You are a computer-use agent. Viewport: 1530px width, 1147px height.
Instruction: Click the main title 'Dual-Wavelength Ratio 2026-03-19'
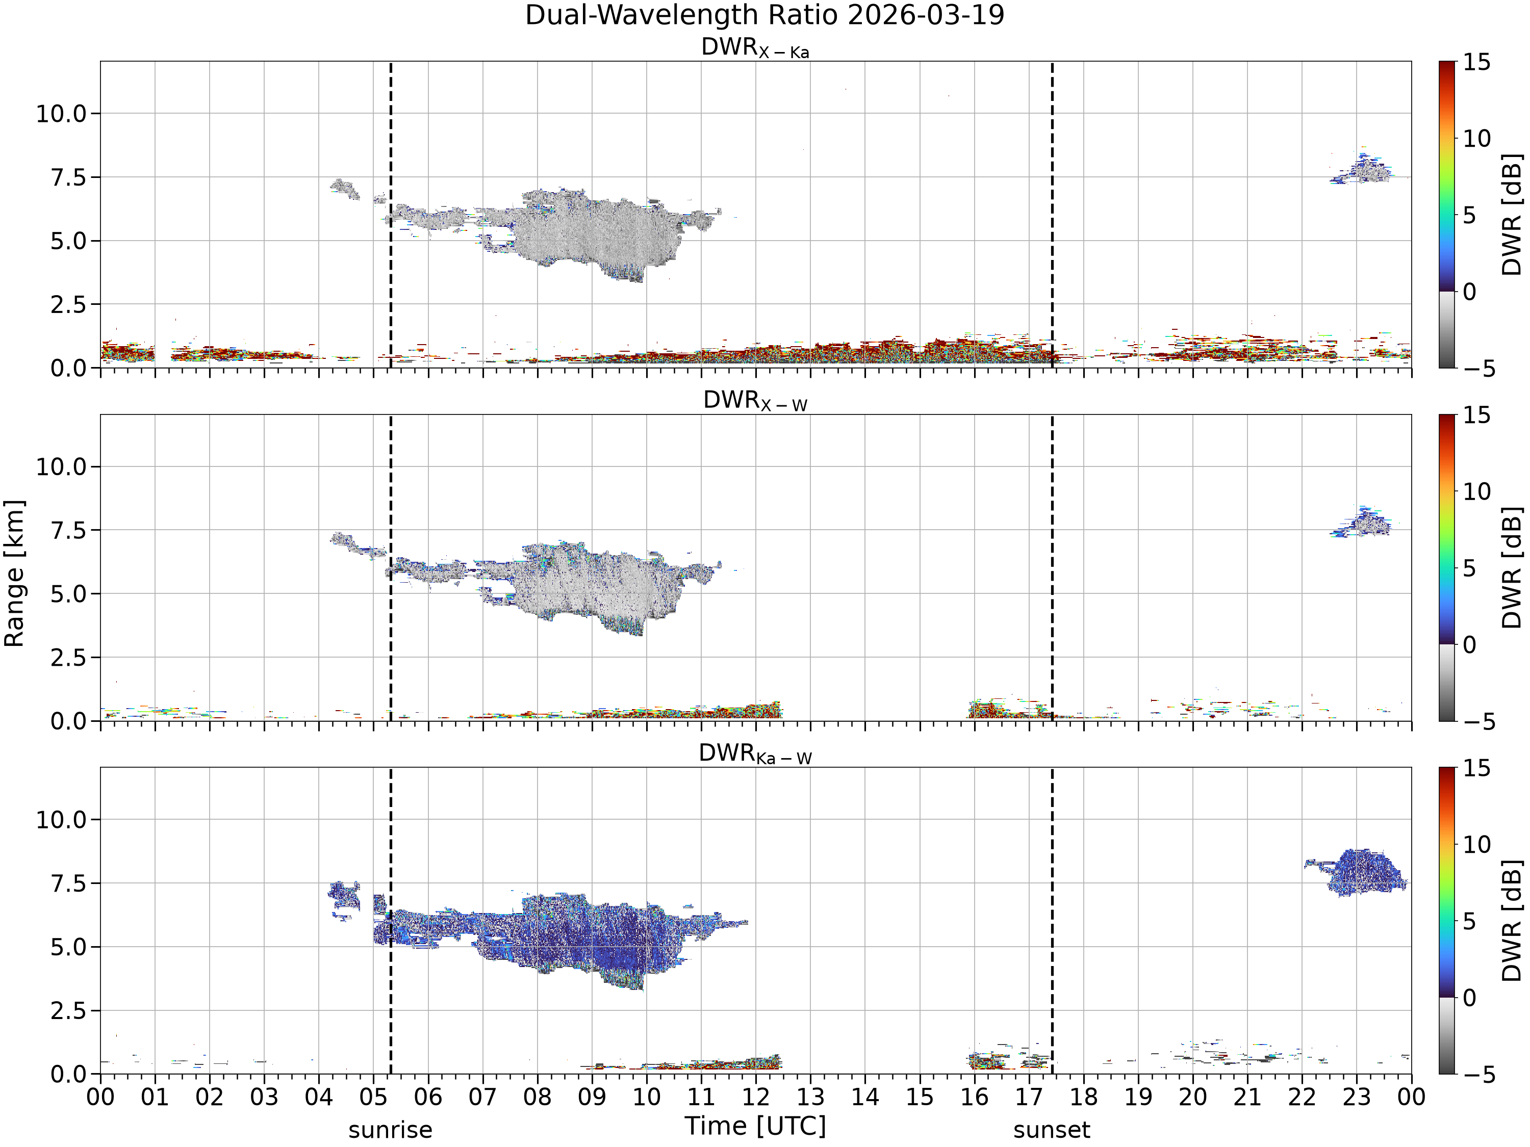pos(764,15)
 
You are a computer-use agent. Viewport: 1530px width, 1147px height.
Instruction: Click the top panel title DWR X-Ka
pos(755,48)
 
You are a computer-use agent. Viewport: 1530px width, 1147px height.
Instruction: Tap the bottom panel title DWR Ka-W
pos(755,753)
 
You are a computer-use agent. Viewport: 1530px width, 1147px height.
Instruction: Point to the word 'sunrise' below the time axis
pos(390,1130)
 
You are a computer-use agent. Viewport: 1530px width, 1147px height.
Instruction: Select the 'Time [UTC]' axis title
pos(755,1126)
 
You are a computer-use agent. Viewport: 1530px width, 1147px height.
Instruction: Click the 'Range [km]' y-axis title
pos(14,573)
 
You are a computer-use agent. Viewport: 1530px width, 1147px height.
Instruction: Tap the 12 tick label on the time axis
pos(755,1097)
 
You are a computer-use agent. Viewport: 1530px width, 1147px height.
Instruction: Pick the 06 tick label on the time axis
pos(427,1097)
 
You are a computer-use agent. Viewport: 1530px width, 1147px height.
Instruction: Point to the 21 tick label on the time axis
pos(1247,1097)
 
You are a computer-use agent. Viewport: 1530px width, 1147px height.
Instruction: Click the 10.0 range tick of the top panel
pos(62,113)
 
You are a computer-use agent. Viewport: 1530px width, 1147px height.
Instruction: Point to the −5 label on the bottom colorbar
pos(1480,1074)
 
